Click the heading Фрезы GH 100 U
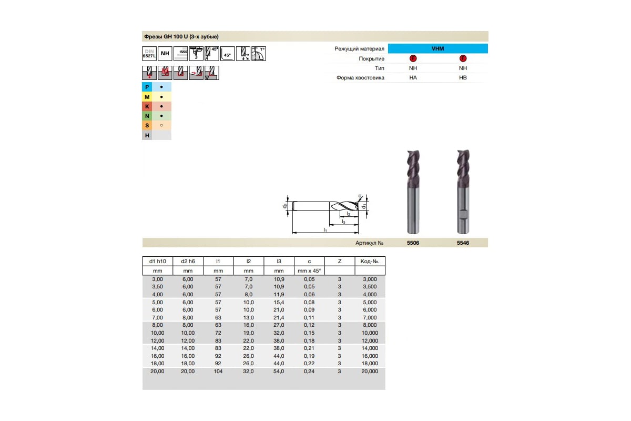point(181,37)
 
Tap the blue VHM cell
point(437,48)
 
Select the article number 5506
point(413,243)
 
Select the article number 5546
point(463,243)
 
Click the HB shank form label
point(463,78)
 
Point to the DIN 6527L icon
point(150,53)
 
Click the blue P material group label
point(148,87)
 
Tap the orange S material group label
point(148,126)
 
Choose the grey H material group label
point(148,135)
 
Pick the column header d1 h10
point(157,262)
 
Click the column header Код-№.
point(370,262)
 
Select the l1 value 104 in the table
point(218,372)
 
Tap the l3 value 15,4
point(279,303)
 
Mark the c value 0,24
point(309,372)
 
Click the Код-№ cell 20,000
point(370,372)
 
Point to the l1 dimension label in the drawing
point(325,230)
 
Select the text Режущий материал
point(359,49)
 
